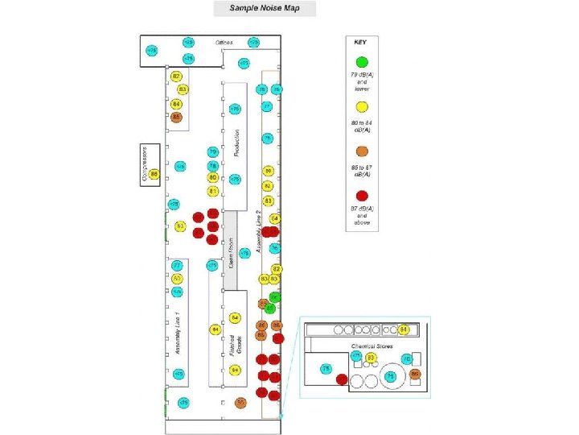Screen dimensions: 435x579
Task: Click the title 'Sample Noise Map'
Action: [x=265, y=8]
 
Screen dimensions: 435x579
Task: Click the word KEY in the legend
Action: [x=362, y=41]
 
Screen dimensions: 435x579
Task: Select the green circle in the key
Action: [x=362, y=61]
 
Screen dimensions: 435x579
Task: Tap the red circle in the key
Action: [x=362, y=194]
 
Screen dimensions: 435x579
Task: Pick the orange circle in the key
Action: [x=362, y=151]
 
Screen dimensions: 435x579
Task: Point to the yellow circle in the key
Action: [x=362, y=106]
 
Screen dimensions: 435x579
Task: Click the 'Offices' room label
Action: [x=224, y=42]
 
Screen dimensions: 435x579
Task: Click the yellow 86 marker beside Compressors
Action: [x=154, y=174]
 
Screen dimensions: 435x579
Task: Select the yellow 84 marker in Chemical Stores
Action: [x=404, y=329]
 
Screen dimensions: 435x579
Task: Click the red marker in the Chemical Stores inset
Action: [x=342, y=379]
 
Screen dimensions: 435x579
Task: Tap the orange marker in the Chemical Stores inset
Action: [x=415, y=374]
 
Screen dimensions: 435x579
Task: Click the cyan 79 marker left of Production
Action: [x=213, y=151]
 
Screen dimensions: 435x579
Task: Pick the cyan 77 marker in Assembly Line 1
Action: [x=176, y=266]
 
